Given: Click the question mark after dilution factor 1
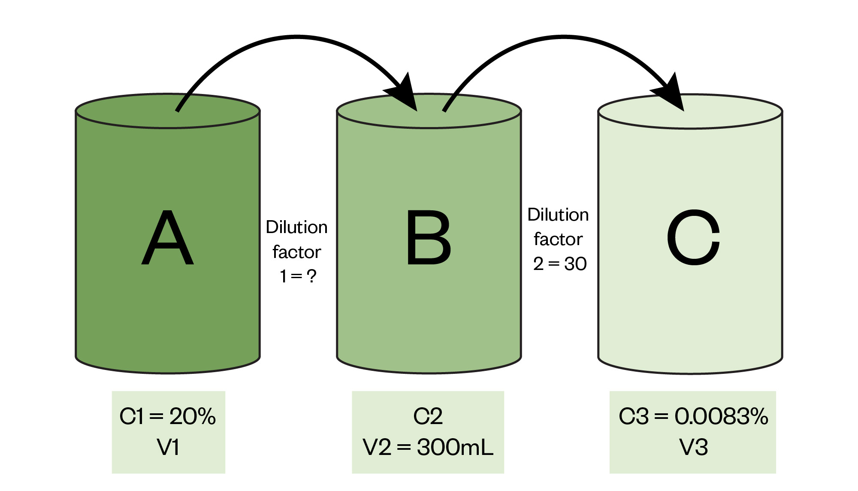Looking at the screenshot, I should [x=312, y=276].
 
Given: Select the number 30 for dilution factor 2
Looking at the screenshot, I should [x=575, y=264].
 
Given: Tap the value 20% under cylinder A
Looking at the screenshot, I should [x=193, y=416].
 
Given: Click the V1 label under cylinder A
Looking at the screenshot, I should [x=168, y=447].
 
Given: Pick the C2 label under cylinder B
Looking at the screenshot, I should [x=428, y=416].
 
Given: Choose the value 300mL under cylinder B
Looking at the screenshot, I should [x=455, y=447].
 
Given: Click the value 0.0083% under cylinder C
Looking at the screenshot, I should [x=721, y=416].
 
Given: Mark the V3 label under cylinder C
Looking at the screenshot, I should [x=693, y=447].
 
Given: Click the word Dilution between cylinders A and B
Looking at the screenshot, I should [x=296, y=227].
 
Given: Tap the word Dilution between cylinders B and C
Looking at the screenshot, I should [x=558, y=215].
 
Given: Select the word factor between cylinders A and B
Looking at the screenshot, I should [x=296, y=252].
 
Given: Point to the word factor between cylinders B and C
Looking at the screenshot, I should [x=558, y=239].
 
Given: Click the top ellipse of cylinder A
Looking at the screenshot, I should [x=129, y=111].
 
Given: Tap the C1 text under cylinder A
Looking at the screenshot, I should [x=132, y=416].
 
